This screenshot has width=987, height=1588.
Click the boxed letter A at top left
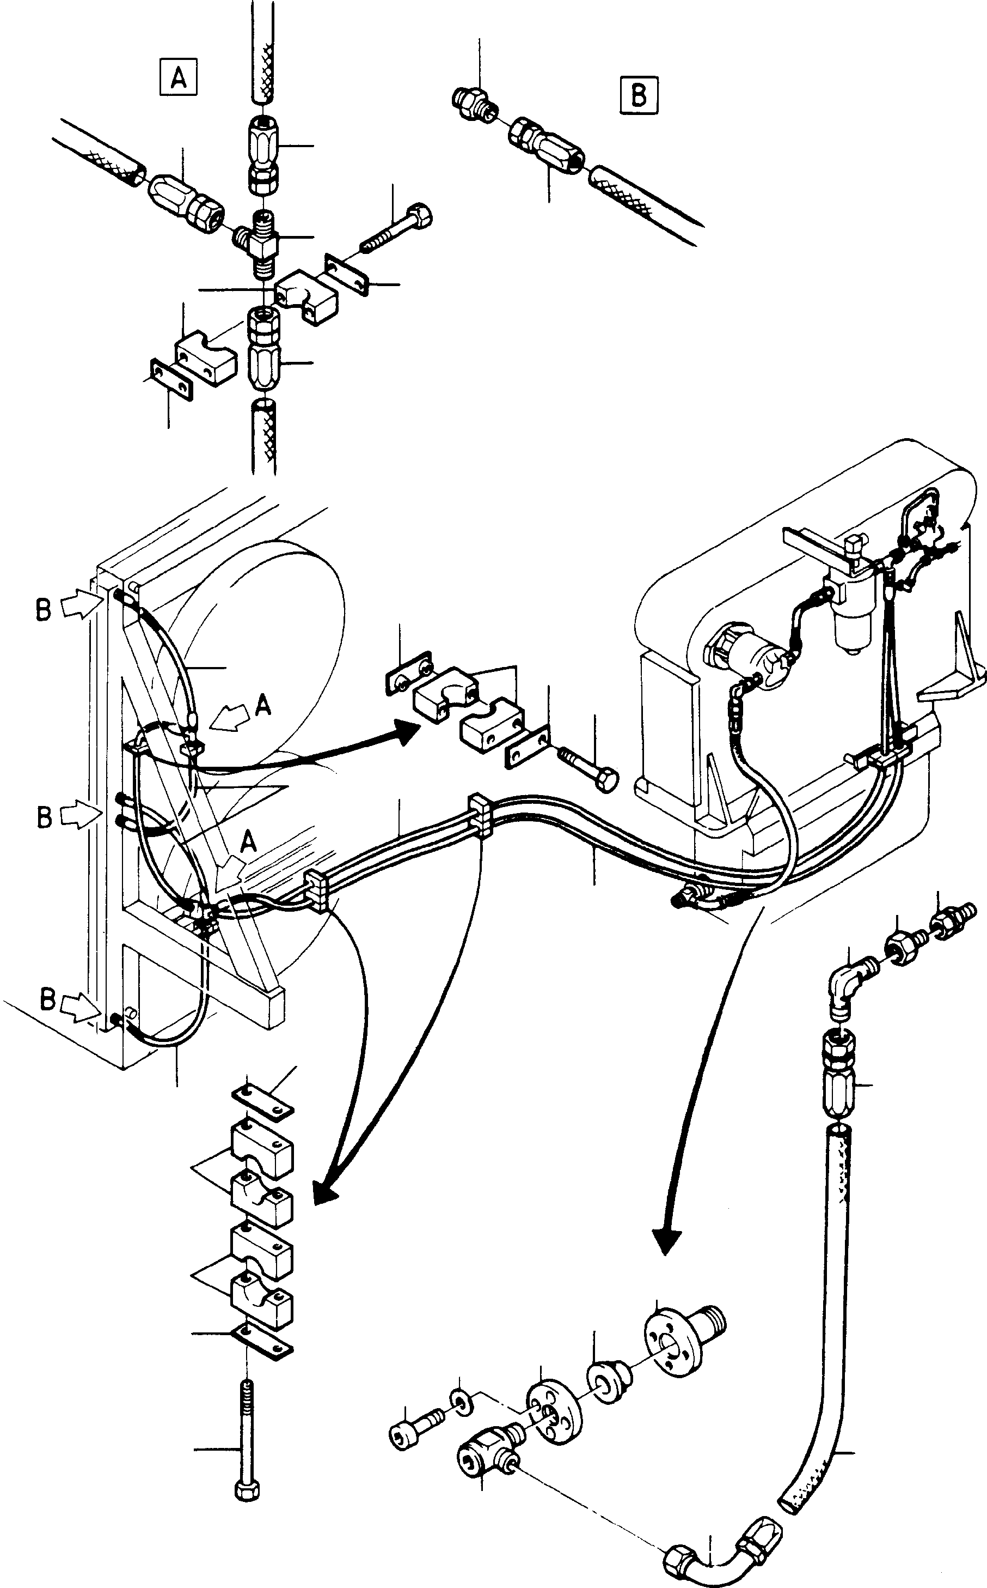click(178, 78)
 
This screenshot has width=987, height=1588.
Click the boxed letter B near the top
click(639, 95)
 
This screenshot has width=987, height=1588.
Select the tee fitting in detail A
click(259, 243)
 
